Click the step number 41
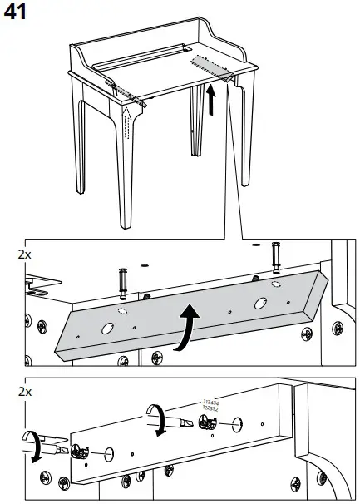pos(17,12)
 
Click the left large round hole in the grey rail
pos(107,329)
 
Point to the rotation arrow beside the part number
pos(155,417)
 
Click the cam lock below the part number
pos(208,427)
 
